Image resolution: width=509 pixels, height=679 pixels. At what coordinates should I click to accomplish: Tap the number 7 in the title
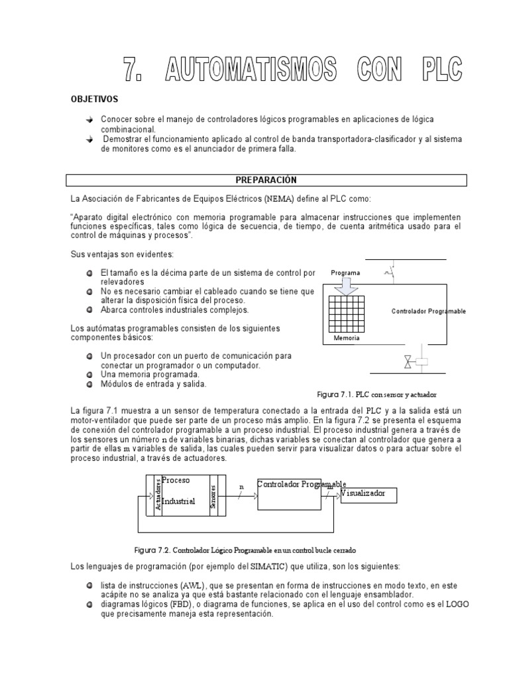click(x=135, y=69)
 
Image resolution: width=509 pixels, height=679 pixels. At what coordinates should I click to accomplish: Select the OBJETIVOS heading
click(x=94, y=99)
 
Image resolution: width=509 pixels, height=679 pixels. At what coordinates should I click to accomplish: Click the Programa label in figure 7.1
click(x=345, y=273)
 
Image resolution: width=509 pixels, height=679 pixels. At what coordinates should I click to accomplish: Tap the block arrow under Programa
click(x=346, y=286)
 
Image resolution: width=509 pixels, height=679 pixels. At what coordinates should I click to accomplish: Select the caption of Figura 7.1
click(x=378, y=395)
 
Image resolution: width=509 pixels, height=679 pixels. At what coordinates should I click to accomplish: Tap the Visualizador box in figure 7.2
click(x=371, y=495)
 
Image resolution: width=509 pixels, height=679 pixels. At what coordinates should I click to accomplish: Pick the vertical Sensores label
click(x=213, y=494)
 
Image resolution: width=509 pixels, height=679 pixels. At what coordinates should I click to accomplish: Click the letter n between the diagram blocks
click(x=241, y=486)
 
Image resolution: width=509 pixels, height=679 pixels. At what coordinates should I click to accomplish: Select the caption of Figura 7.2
click(x=245, y=550)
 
